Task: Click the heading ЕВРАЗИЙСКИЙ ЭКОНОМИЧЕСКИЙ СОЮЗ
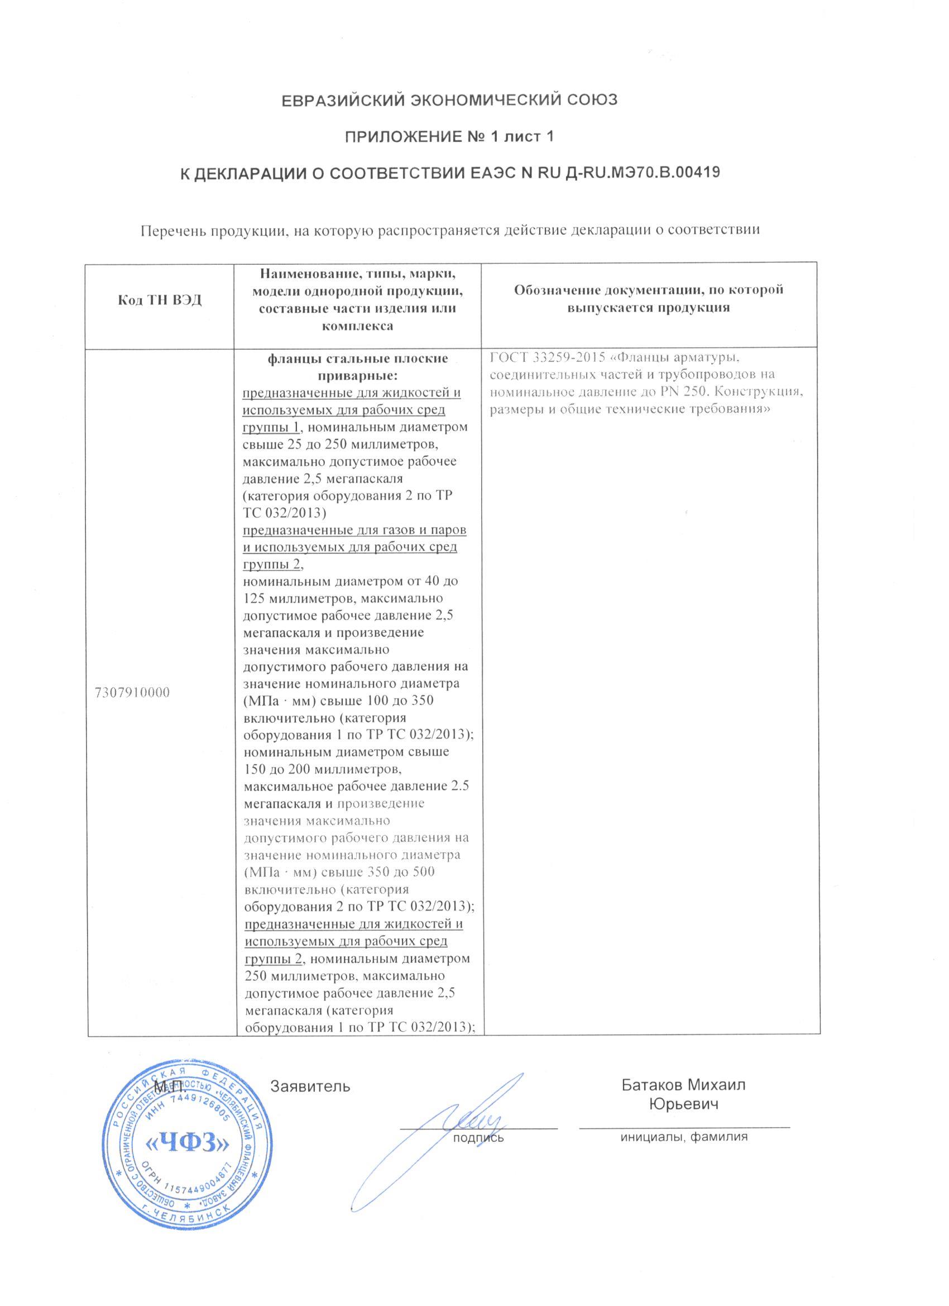(448, 100)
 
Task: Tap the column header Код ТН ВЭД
(160, 300)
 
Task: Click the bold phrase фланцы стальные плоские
(357, 359)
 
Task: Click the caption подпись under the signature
(478, 1137)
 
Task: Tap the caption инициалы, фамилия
(684, 1137)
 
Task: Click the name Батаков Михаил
(683, 1085)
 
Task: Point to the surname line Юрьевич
(684, 1104)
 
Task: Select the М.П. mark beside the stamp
(170, 1086)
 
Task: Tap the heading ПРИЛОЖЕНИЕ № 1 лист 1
(448, 136)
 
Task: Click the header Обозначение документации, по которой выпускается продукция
(649, 298)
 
